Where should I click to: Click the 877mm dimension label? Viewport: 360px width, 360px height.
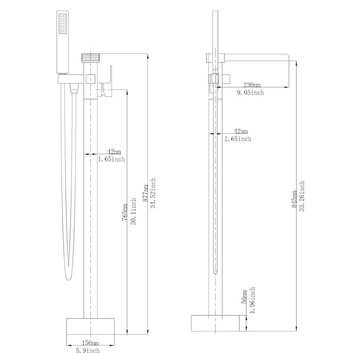click(x=146, y=193)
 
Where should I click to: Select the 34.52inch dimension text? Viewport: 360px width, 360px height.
click(x=153, y=193)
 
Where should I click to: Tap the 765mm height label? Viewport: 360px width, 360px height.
click(x=124, y=212)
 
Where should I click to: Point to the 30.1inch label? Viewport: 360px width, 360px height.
click(x=133, y=211)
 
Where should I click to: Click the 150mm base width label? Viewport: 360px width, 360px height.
click(x=91, y=343)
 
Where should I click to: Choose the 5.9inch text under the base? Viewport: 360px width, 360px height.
click(x=88, y=350)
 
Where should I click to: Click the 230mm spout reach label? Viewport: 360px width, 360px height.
click(x=252, y=85)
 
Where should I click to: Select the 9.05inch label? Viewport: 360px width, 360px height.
click(x=251, y=92)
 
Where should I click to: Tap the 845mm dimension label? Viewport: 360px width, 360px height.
click(x=294, y=199)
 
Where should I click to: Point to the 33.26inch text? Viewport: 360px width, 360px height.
click(x=302, y=196)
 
